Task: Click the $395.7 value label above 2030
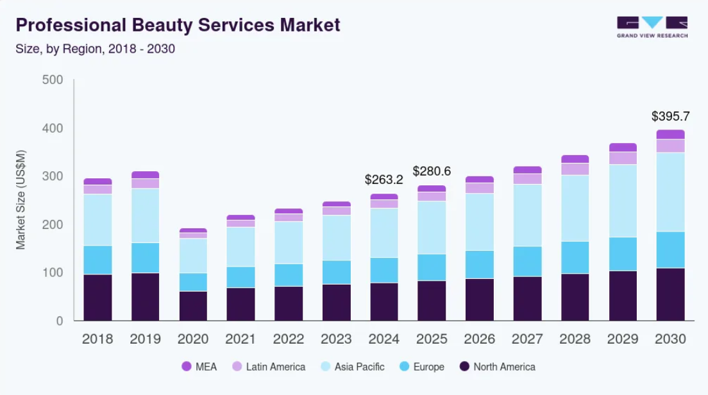point(670,116)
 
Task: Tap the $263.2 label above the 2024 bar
point(383,179)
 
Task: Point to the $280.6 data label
point(432,171)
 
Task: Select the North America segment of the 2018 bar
point(97,298)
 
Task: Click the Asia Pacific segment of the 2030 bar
point(670,192)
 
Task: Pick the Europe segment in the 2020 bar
point(193,282)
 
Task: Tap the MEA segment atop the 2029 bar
point(623,147)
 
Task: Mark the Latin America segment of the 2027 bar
point(527,179)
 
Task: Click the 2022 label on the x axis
point(289,339)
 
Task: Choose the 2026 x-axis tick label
point(480,339)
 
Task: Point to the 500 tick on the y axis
point(52,80)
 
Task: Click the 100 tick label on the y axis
point(52,273)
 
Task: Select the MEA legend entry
point(199,367)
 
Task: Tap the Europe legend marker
point(404,367)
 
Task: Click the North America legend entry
point(498,367)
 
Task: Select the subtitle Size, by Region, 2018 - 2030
point(95,49)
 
